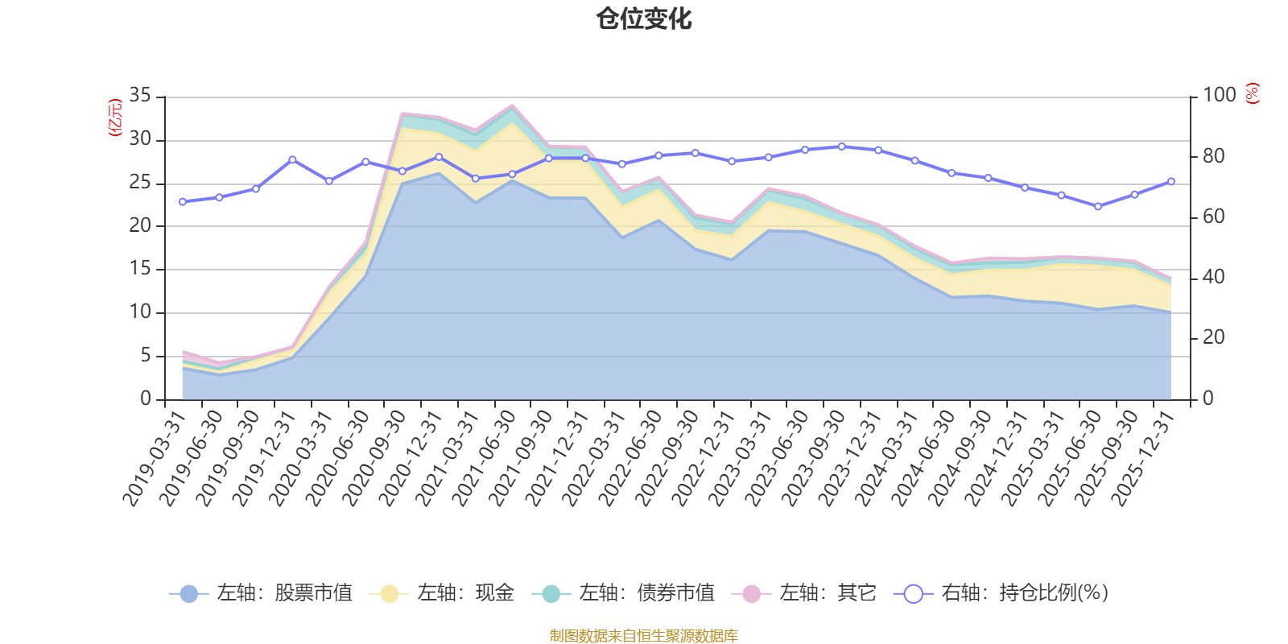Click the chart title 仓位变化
click(644, 19)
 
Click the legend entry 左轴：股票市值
click(262, 593)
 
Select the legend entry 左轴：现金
click(442, 593)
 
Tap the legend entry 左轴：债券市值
click(623, 593)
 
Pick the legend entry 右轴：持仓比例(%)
click(1001, 593)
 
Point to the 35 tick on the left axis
click(140, 96)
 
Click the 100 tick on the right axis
click(1219, 96)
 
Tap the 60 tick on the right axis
click(1213, 217)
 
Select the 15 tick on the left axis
click(140, 269)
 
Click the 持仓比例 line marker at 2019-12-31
click(292, 159)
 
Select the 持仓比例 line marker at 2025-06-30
click(1098, 206)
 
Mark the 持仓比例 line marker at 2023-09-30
click(842, 147)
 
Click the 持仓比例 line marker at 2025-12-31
click(1171, 181)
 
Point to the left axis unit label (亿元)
click(115, 118)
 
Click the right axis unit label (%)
click(1253, 93)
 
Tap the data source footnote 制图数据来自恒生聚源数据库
click(644, 636)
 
